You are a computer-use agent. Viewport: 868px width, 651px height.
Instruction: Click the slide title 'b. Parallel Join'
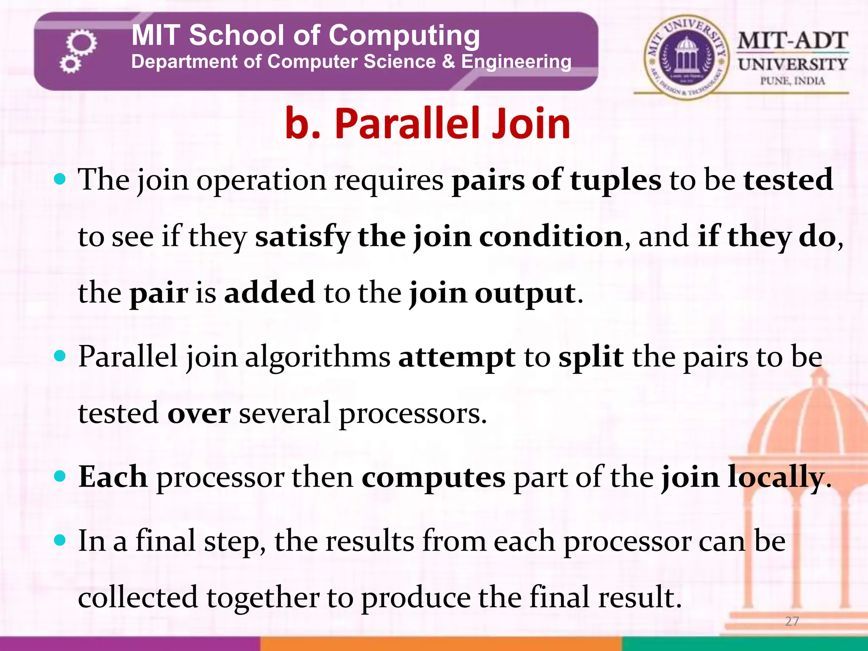click(x=427, y=123)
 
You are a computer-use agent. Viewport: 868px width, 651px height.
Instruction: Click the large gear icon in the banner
click(x=82, y=43)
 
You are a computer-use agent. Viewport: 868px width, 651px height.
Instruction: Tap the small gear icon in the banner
click(x=70, y=64)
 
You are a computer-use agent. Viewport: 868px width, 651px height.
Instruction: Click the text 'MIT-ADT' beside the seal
click(x=792, y=41)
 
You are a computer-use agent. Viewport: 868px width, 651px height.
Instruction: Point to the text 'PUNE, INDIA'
click(x=792, y=81)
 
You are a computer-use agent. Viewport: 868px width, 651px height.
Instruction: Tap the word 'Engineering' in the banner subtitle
click(x=516, y=62)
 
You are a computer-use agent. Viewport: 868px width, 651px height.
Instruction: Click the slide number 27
click(x=792, y=621)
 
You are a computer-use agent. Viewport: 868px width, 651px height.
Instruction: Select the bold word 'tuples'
click(x=615, y=180)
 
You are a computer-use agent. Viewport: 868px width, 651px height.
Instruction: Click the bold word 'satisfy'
click(x=302, y=236)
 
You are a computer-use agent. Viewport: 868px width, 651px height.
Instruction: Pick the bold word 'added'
click(x=270, y=292)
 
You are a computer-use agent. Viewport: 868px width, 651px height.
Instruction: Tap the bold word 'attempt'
click(x=456, y=357)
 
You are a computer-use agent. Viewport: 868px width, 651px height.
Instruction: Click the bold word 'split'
click(x=591, y=357)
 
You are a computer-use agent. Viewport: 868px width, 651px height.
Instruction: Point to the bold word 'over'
click(x=199, y=414)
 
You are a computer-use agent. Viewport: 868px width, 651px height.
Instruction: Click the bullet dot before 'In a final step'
click(x=61, y=540)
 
